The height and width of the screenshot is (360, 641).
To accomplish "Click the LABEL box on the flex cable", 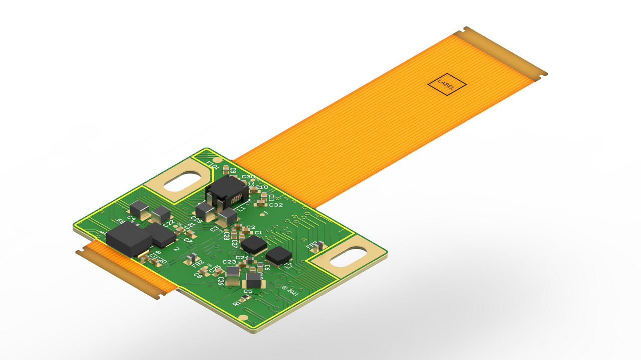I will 447,85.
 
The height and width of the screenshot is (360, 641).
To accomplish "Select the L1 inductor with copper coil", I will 226,192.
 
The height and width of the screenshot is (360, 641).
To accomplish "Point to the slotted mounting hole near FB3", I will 346,257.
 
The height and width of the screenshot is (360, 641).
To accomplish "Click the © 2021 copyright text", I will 291,291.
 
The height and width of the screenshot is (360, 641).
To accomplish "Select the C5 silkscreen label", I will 248,291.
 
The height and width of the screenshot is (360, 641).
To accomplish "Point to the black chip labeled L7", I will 278,255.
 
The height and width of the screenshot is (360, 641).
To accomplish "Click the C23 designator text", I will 229,262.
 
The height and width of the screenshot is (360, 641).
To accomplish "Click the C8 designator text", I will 198,276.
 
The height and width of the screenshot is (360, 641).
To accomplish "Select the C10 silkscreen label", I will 262,187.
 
